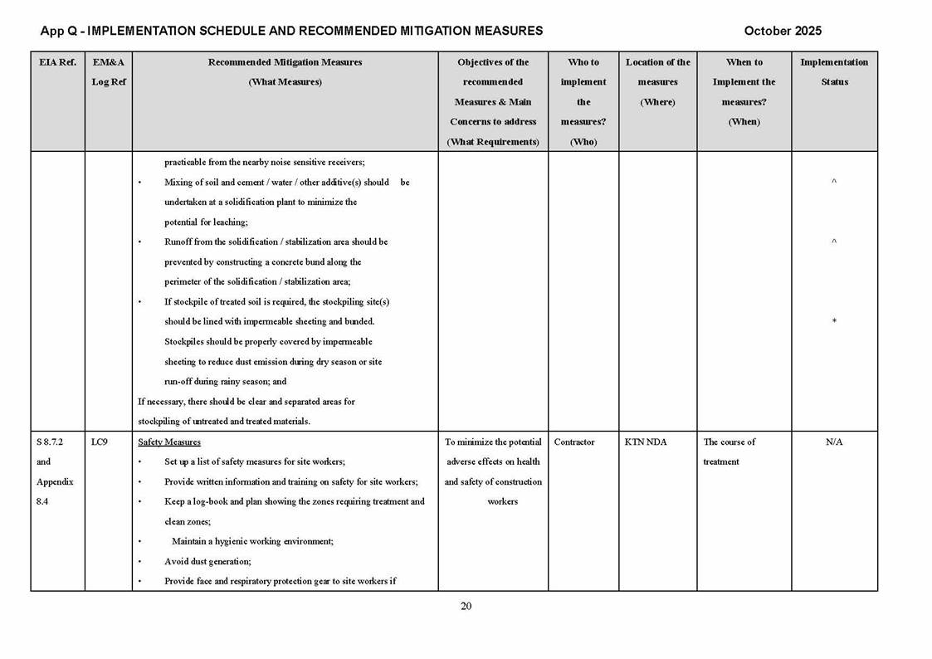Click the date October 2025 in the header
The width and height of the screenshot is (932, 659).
[783, 31]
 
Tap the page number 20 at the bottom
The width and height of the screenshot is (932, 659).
[466, 606]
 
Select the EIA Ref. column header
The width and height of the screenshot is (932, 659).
[57, 62]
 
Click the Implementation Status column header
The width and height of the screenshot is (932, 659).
[834, 72]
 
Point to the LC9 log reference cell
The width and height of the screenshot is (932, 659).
[100, 442]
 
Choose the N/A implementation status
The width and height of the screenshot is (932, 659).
[834, 442]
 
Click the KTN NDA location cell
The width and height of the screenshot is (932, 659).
[645, 442]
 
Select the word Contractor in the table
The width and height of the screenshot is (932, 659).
[574, 442]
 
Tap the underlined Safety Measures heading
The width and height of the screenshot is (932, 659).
[169, 442]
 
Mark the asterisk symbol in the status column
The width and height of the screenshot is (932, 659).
[834, 322]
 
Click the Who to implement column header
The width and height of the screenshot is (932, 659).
[583, 101]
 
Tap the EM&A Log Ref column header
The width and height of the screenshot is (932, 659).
[108, 72]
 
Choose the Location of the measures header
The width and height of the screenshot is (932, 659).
[657, 81]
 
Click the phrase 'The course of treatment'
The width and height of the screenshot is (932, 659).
[729, 452]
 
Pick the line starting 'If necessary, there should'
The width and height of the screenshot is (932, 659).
[246, 402]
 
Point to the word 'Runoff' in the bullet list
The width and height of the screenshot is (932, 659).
[179, 242]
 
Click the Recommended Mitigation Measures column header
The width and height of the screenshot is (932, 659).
[285, 72]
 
